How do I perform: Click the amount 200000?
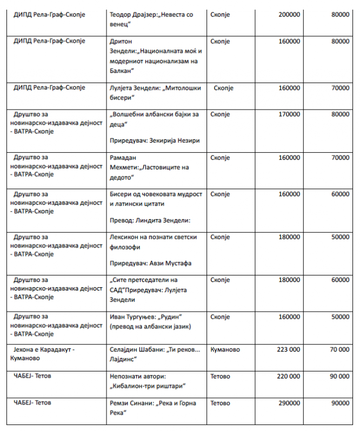[x=289, y=15]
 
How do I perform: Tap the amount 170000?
[x=289, y=114]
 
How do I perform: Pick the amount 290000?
[x=289, y=403]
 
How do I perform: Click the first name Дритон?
[x=121, y=42]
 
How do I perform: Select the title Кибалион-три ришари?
[x=149, y=386]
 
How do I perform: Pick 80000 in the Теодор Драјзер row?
[x=340, y=15]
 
